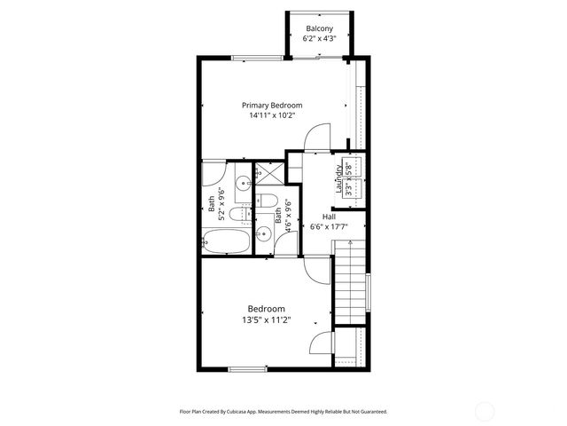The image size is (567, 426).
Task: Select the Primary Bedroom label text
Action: (x=278, y=105)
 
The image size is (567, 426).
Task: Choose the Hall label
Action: (x=329, y=217)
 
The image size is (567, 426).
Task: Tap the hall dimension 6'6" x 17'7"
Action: (x=328, y=227)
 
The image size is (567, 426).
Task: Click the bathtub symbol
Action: (x=225, y=241)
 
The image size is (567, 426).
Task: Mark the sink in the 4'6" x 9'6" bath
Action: (x=264, y=234)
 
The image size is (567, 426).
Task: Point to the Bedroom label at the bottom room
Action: (x=266, y=309)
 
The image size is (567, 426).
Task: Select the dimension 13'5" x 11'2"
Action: (x=266, y=320)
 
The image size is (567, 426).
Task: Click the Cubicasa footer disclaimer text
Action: (x=283, y=412)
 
